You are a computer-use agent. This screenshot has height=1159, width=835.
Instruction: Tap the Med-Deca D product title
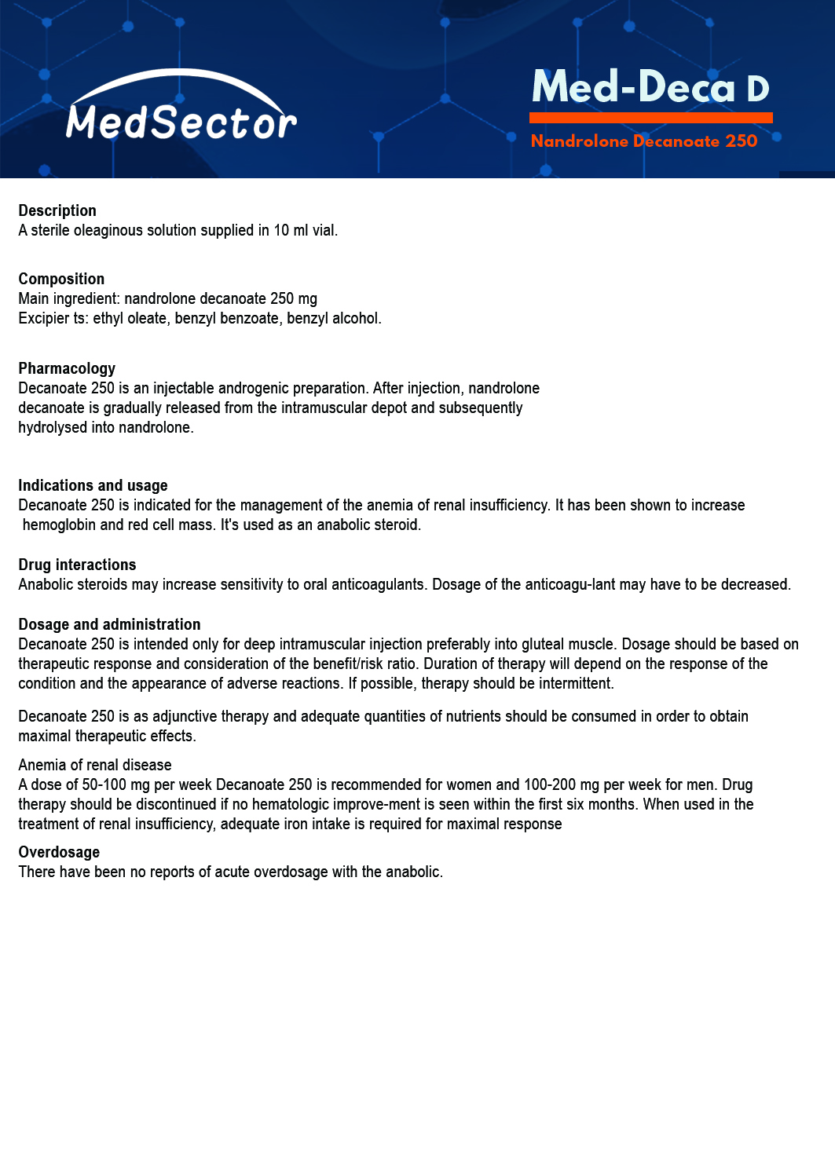coord(650,87)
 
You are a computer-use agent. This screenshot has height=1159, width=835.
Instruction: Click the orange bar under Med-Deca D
coord(650,118)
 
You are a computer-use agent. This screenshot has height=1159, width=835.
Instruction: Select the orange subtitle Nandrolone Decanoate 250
coord(644,141)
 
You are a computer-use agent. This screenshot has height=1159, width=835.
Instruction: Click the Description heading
coord(57,210)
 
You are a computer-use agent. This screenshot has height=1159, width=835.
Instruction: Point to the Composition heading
coord(61,279)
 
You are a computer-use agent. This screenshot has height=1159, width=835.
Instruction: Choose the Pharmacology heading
coord(67,368)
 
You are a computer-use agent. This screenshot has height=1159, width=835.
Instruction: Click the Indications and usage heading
coord(93,485)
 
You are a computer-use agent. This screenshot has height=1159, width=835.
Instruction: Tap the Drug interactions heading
coord(77,565)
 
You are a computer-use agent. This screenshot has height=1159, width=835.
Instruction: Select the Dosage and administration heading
coord(109,624)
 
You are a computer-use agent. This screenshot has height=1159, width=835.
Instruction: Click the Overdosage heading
coord(59,852)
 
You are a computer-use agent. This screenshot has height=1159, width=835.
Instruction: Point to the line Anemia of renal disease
coord(95,765)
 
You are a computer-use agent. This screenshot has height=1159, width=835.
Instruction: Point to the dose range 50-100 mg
coord(115,784)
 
